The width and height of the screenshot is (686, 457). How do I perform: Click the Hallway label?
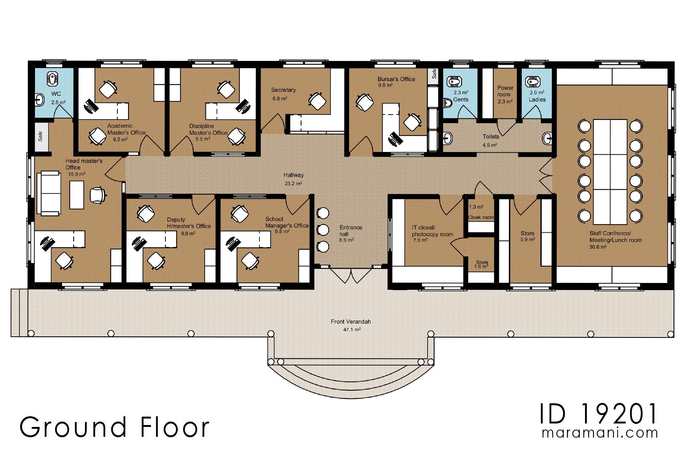[293, 175]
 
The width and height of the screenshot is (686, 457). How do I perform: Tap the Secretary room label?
[283, 90]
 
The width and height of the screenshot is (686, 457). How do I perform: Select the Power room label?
[505, 91]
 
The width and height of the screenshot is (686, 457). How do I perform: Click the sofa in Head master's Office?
[49, 193]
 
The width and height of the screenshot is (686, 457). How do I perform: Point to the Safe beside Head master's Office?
[41, 136]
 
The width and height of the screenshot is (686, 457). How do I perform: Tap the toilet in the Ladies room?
[532, 82]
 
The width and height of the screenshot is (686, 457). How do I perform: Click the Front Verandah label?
[351, 322]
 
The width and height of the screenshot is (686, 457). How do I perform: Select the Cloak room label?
[481, 217]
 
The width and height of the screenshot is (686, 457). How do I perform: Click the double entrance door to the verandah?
[351, 275]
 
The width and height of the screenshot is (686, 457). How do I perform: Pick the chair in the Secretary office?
[317, 101]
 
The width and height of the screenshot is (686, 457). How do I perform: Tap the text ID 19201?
[598, 414]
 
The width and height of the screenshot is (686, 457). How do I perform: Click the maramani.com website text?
[599, 433]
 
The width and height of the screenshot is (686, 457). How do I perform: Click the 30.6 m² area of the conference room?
[598, 247]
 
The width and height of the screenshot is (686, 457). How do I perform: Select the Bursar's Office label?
[396, 79]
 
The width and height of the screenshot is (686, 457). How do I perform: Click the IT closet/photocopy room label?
[432, 231]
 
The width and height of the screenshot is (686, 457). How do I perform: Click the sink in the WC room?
[38, 101]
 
